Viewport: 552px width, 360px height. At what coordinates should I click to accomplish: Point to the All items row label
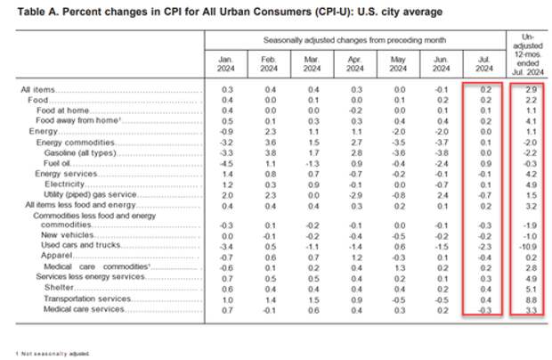(37, 91)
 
